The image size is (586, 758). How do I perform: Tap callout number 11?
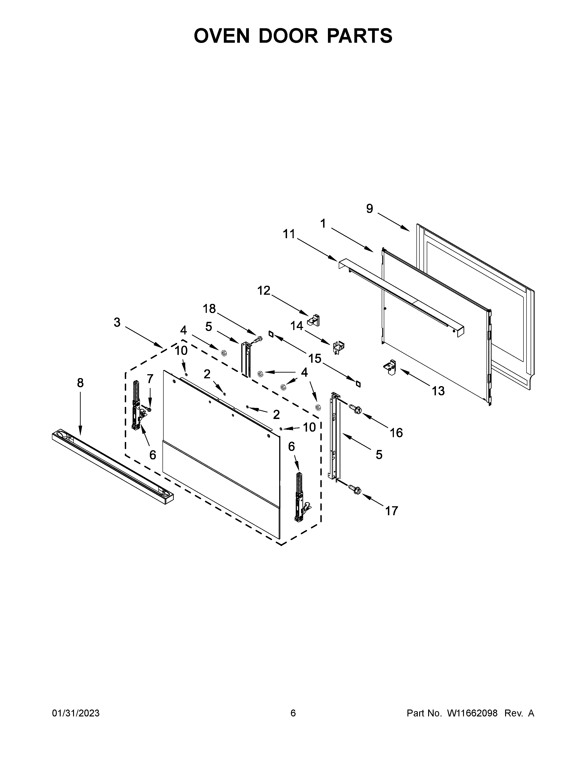[289, 234]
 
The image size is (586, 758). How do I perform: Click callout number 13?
[438, 391]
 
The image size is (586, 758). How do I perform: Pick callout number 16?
[396, 433]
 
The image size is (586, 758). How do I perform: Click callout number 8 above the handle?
[80, 383]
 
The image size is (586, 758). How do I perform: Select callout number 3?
[117, 322]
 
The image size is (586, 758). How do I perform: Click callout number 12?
[264, 291]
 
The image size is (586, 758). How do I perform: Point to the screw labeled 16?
[356, 409]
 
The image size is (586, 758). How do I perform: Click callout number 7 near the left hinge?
[150, 379]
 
